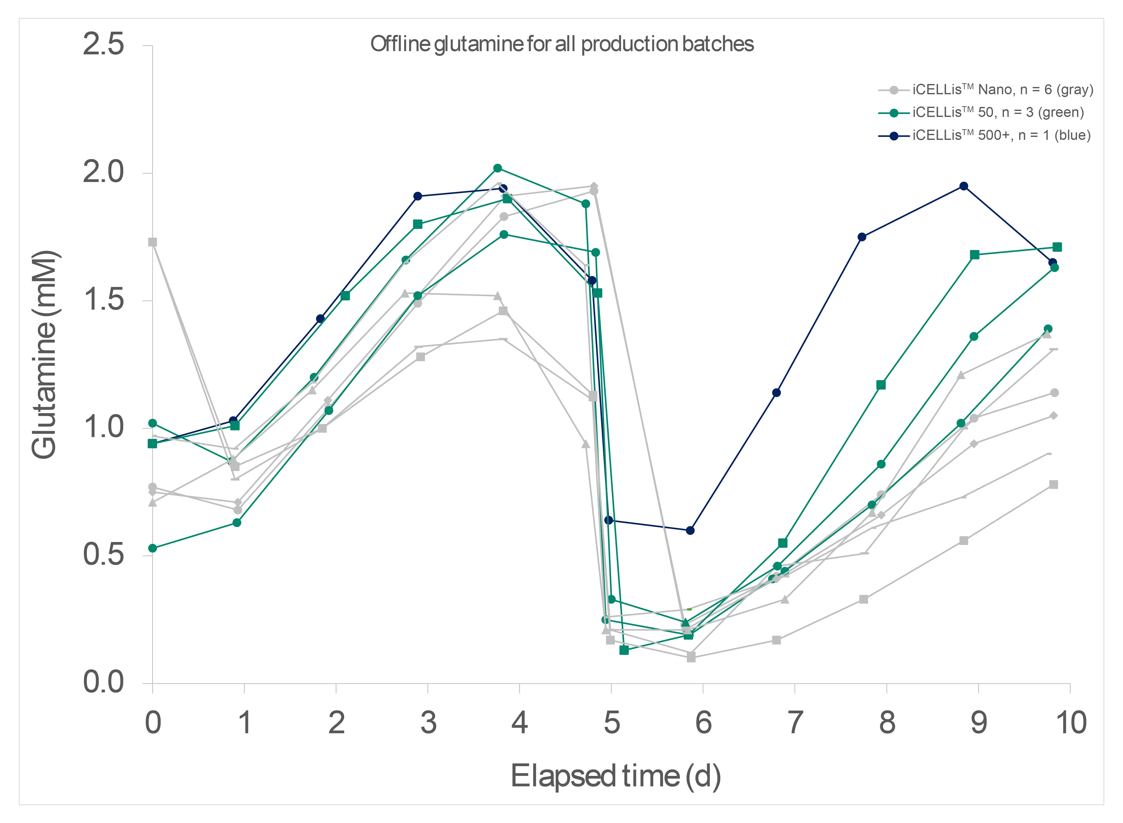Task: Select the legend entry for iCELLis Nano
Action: [1002, 90]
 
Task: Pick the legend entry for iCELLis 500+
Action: [1001, 136]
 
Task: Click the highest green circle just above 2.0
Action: [498, 168]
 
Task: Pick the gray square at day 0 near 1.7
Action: [152, 242]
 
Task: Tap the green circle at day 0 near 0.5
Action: [152, 549]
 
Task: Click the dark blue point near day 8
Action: [862, 237]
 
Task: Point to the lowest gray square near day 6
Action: [691, 658]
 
